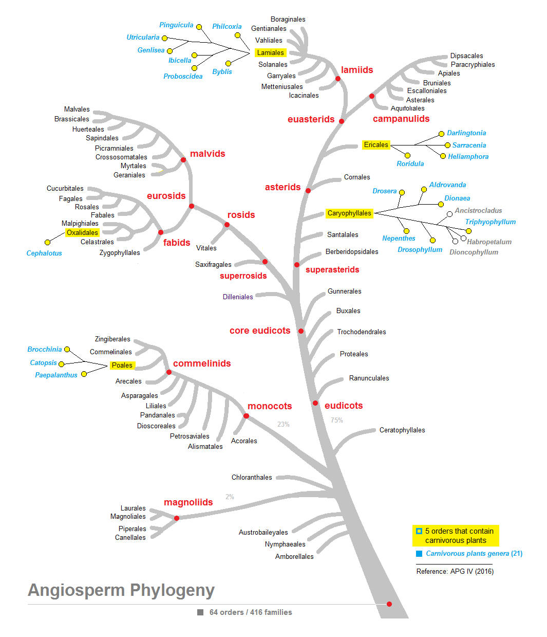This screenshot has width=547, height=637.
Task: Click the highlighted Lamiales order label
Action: pos(270,52)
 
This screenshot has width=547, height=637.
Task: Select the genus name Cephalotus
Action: pos(44,253)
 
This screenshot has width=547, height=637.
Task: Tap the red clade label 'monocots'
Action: pos(270,406)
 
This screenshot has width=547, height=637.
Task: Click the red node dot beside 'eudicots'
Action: pos(315,403)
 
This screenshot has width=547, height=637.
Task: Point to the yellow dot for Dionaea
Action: pos(441,204)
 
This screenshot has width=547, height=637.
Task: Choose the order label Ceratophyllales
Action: pos(402,430)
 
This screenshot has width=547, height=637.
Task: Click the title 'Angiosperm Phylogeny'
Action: pos(121,590)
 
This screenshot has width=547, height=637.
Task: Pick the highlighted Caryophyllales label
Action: pos(349,213)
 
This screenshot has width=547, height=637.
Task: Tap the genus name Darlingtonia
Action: pos(466,133)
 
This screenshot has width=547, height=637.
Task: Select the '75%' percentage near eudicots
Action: pos(336,420)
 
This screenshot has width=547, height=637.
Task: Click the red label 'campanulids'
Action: pos(401,119)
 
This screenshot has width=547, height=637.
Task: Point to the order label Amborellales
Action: pos(294,556)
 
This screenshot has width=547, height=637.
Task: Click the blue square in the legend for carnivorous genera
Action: pos(419,554)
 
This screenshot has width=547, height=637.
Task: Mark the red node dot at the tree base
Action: pos(389,604)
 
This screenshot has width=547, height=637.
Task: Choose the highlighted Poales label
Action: pos(122,366)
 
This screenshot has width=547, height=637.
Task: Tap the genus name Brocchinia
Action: pos(45,349)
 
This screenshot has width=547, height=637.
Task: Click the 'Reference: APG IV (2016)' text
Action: pos(455,571)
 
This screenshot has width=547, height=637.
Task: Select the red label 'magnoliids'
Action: pos(188,502)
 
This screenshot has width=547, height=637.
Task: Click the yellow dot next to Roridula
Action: pos(407,155)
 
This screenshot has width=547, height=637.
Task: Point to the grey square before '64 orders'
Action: pos(200,612)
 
